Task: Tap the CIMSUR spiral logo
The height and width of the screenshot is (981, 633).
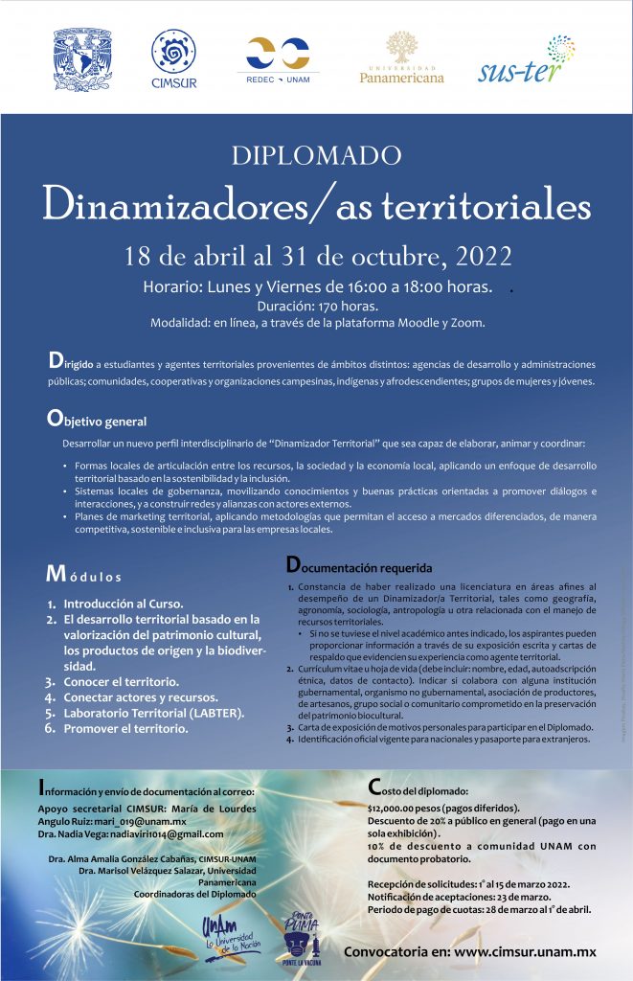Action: pyautogui.click(x=173, y=57)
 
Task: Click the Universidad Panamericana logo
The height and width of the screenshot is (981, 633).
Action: pyautogui.click(x=401, y=57)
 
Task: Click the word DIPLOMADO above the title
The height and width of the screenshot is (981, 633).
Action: pyautogui.click(x=316, y=155)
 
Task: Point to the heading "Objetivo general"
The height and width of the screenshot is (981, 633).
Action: pyautogui.click(x=97, y=420)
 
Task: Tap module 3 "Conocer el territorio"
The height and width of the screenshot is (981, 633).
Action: pyautogui.click(x=121, y=681)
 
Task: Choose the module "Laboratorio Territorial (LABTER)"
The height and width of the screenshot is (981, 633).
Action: pyautogui.click(x=153, y=713)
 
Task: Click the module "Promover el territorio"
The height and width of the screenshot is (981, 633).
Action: pyautogui.click(x=125, y=728)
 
